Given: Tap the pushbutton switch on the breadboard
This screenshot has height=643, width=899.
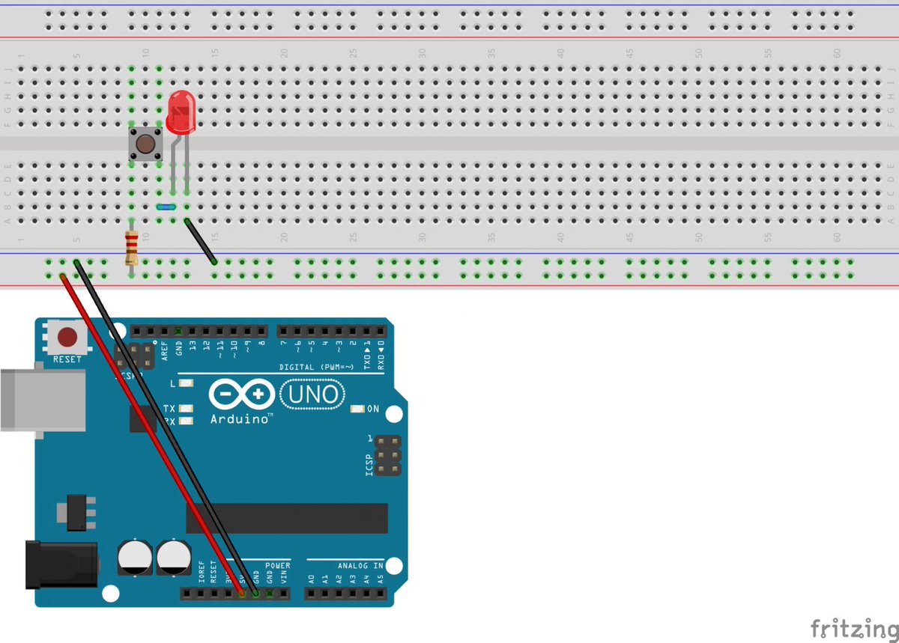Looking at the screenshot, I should [145, 143].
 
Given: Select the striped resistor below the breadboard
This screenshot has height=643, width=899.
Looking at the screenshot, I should [132, 248].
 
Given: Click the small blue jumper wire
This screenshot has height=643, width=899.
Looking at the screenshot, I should [166, 207].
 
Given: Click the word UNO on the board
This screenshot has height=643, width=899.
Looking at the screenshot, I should [312, 394].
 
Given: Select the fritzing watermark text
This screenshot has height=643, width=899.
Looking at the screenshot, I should [854, 626].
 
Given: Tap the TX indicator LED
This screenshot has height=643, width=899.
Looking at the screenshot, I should [186, 409].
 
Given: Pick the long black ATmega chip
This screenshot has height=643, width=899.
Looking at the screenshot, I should [287, 518].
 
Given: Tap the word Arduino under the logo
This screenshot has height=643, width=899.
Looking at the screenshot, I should [240, 418].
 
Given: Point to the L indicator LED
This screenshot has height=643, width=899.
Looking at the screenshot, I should [186, 383].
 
